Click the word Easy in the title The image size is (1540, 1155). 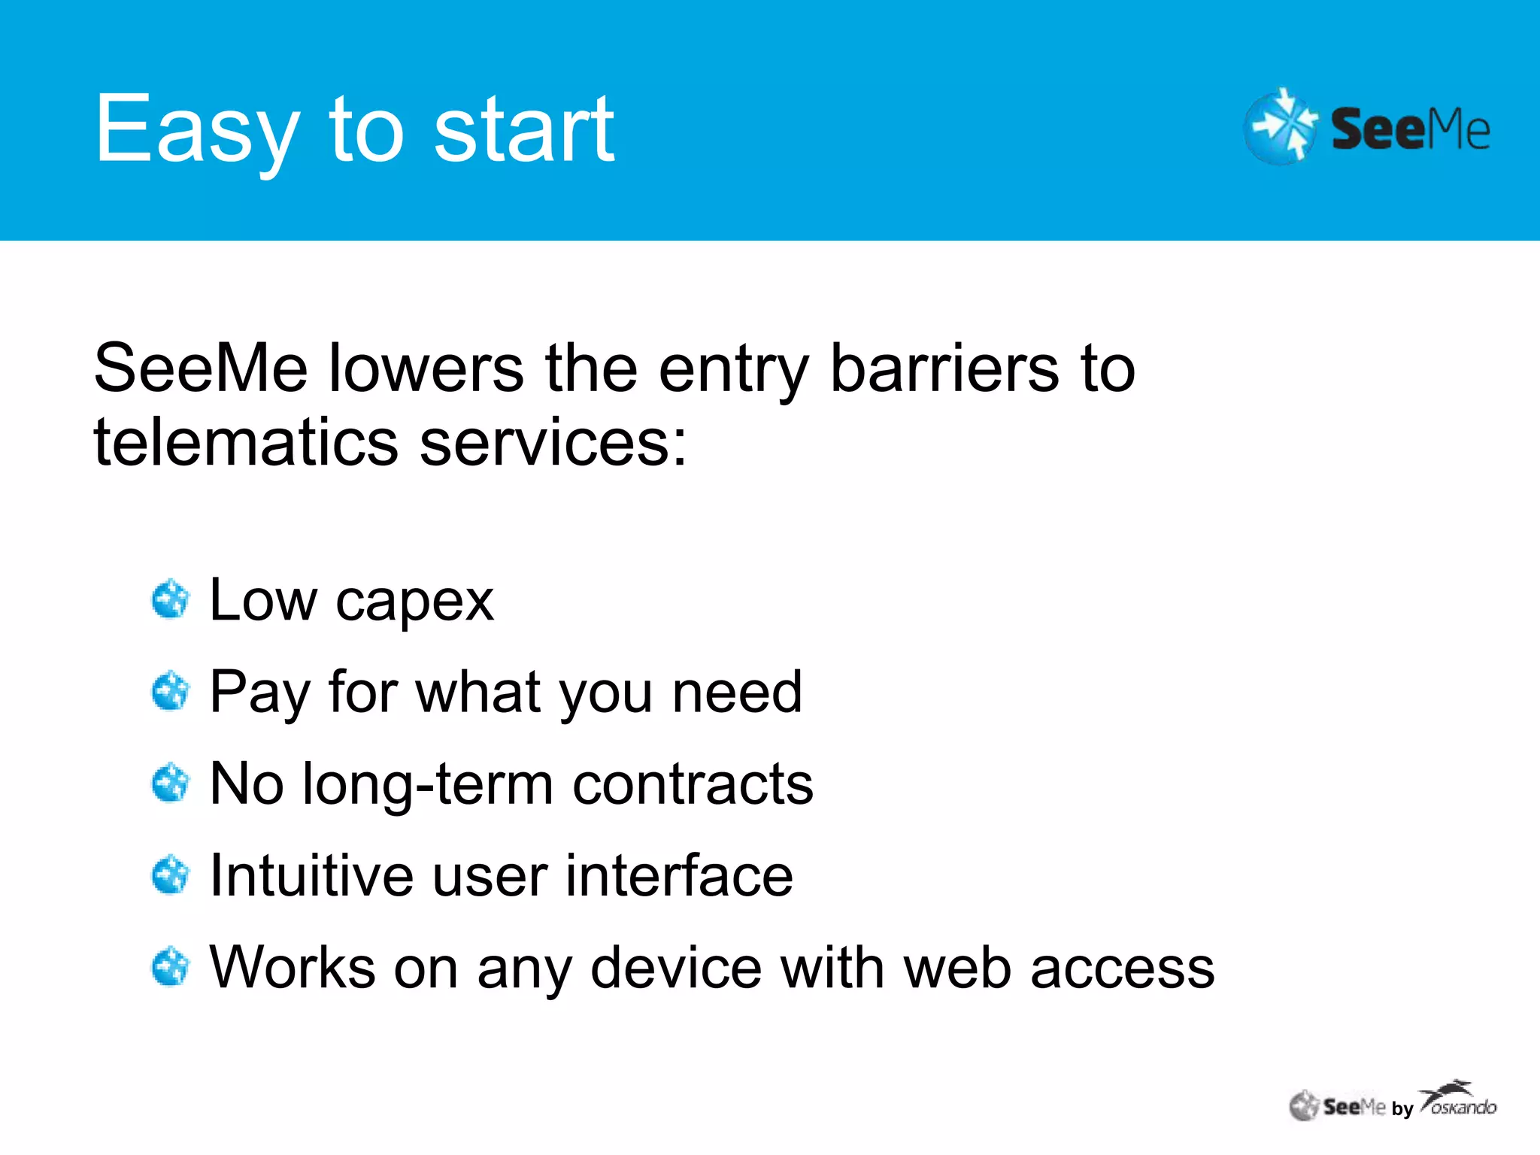197,129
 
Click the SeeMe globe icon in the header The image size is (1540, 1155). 1280,126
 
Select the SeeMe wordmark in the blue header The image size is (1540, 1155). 1410,129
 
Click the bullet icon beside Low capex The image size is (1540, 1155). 170,599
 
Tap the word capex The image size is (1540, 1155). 414,602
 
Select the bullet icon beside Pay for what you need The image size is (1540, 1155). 170,691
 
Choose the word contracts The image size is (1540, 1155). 693,784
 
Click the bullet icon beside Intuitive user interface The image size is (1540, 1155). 170,875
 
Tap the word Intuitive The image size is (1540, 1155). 311,876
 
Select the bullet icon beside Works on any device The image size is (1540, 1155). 170,967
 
